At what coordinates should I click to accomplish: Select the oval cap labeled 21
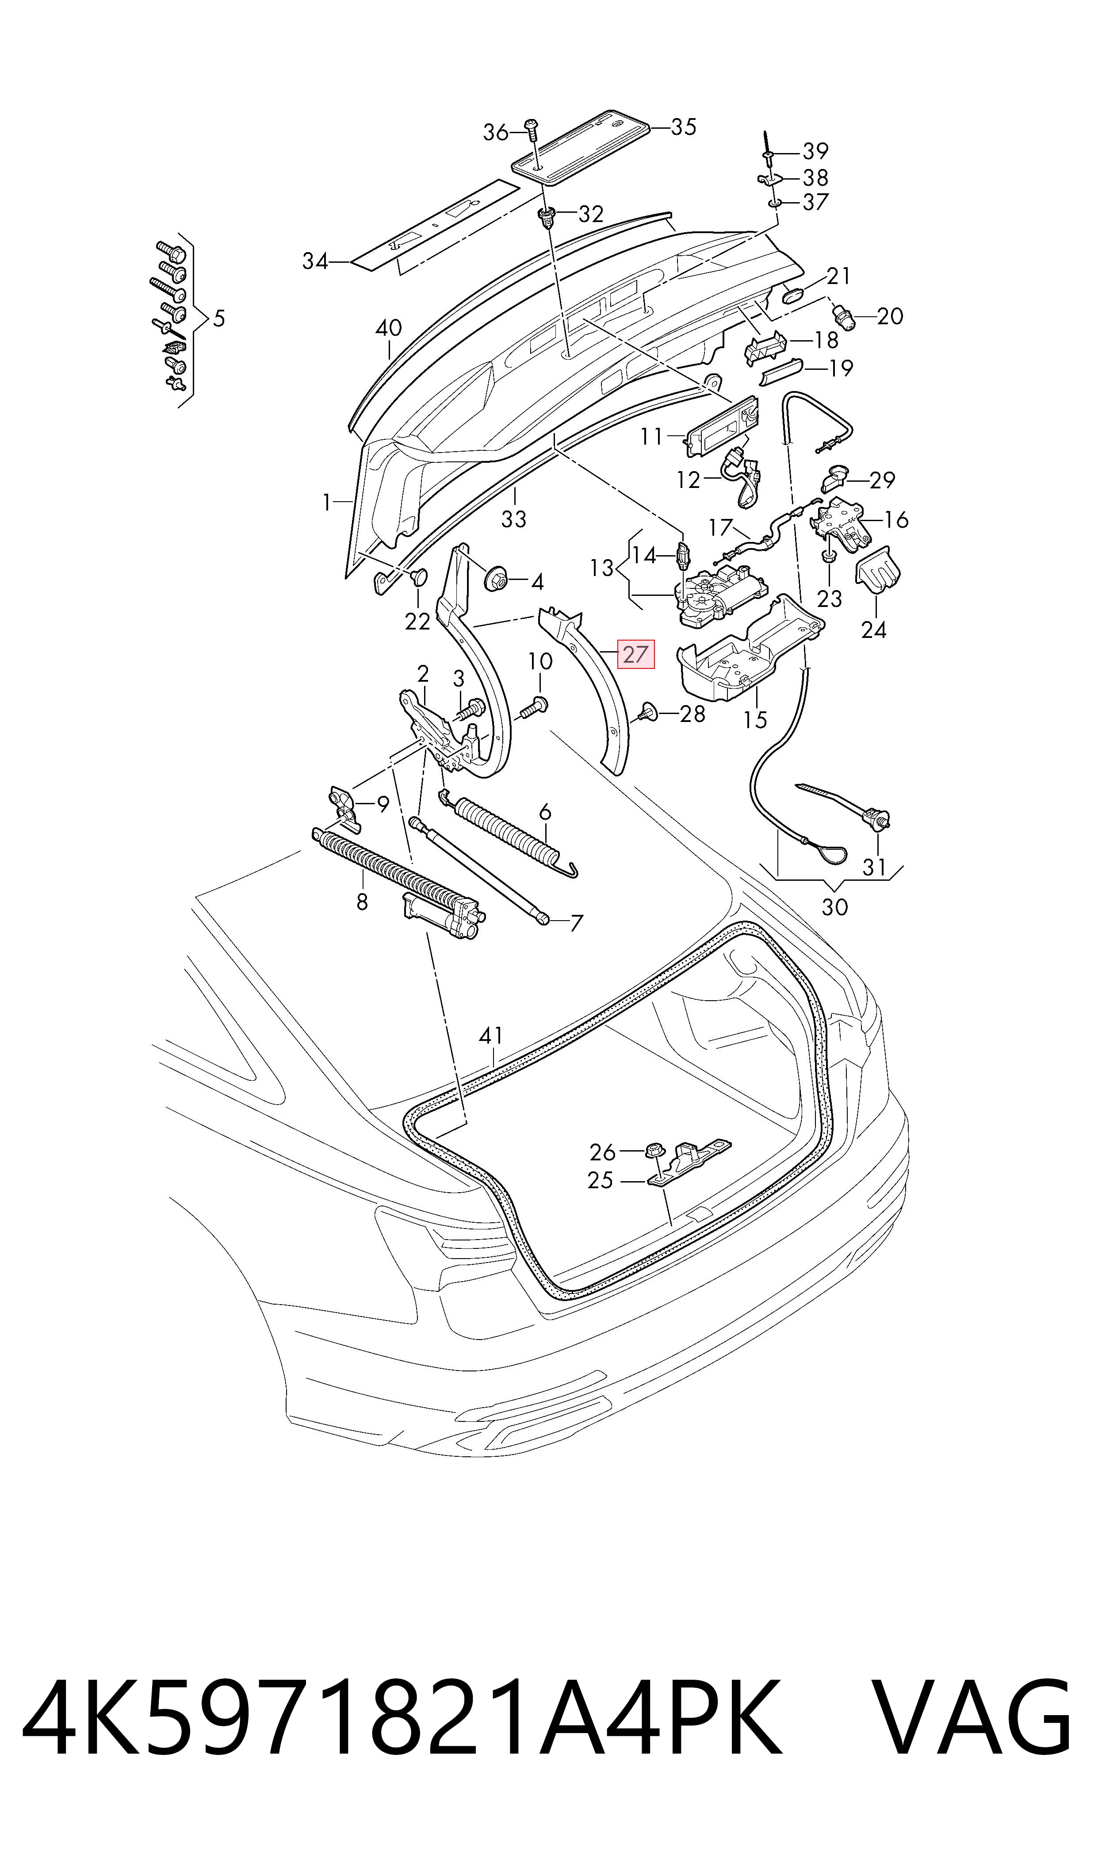tap(796, 294)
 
